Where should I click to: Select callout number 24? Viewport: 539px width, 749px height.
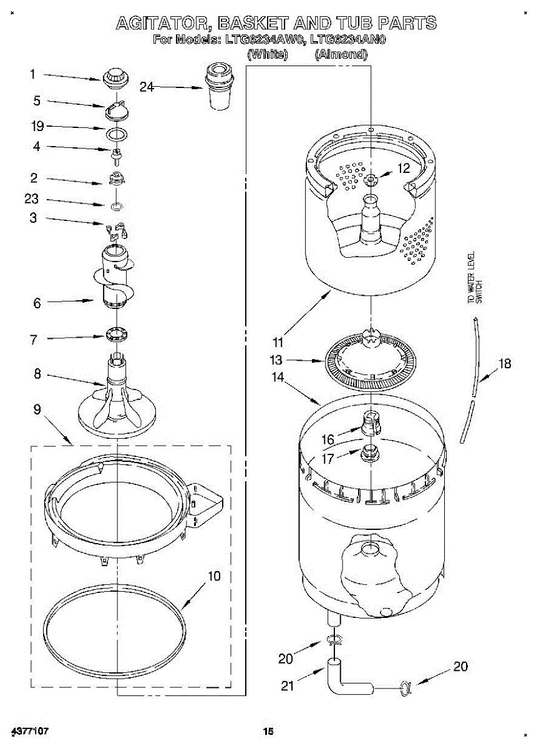tap(147, 87)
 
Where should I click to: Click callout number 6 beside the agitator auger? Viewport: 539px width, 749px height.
tap(37, 303)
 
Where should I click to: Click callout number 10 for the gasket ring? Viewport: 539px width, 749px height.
tap(214, 576)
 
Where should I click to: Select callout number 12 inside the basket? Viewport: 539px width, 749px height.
tap(404, 168)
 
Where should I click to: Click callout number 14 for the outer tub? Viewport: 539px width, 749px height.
tap(278, 377)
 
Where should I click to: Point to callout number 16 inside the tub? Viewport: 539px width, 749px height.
tap(328, 440)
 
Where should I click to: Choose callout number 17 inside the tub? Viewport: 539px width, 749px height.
tap(327, 459)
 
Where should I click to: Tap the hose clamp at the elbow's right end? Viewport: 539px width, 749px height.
tap(405, 688)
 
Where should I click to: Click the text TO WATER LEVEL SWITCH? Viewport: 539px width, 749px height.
tap(475, 278)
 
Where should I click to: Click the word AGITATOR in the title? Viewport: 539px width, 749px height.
tap(164, 24)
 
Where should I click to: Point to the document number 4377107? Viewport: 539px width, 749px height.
tap(30, 730)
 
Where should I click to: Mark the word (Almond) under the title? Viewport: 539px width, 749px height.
tap(341, 54)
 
